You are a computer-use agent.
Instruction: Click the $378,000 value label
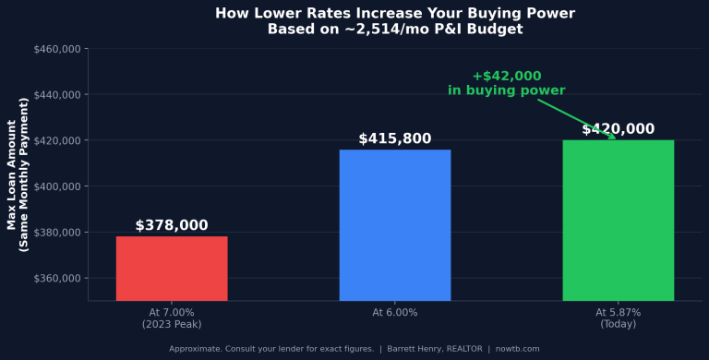point(172,225)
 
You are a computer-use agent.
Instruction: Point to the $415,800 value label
point(395,138)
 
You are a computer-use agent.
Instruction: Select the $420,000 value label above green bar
point(618,129)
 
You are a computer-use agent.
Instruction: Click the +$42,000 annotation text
point(506,76)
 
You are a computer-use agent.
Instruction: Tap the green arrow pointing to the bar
point(577,119)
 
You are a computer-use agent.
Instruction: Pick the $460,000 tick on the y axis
point(59,48)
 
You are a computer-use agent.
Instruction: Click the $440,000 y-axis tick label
point(59,94)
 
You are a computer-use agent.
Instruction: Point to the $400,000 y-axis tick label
point(59,186)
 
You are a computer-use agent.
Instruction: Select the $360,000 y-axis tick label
point(59,278)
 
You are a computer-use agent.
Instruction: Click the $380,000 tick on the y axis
point(59,233)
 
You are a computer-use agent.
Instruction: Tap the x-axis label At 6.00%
point(395,313)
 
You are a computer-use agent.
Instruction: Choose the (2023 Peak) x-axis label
point(172,324)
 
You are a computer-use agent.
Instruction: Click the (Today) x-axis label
point(618,324)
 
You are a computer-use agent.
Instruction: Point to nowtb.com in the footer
point(517,349)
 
